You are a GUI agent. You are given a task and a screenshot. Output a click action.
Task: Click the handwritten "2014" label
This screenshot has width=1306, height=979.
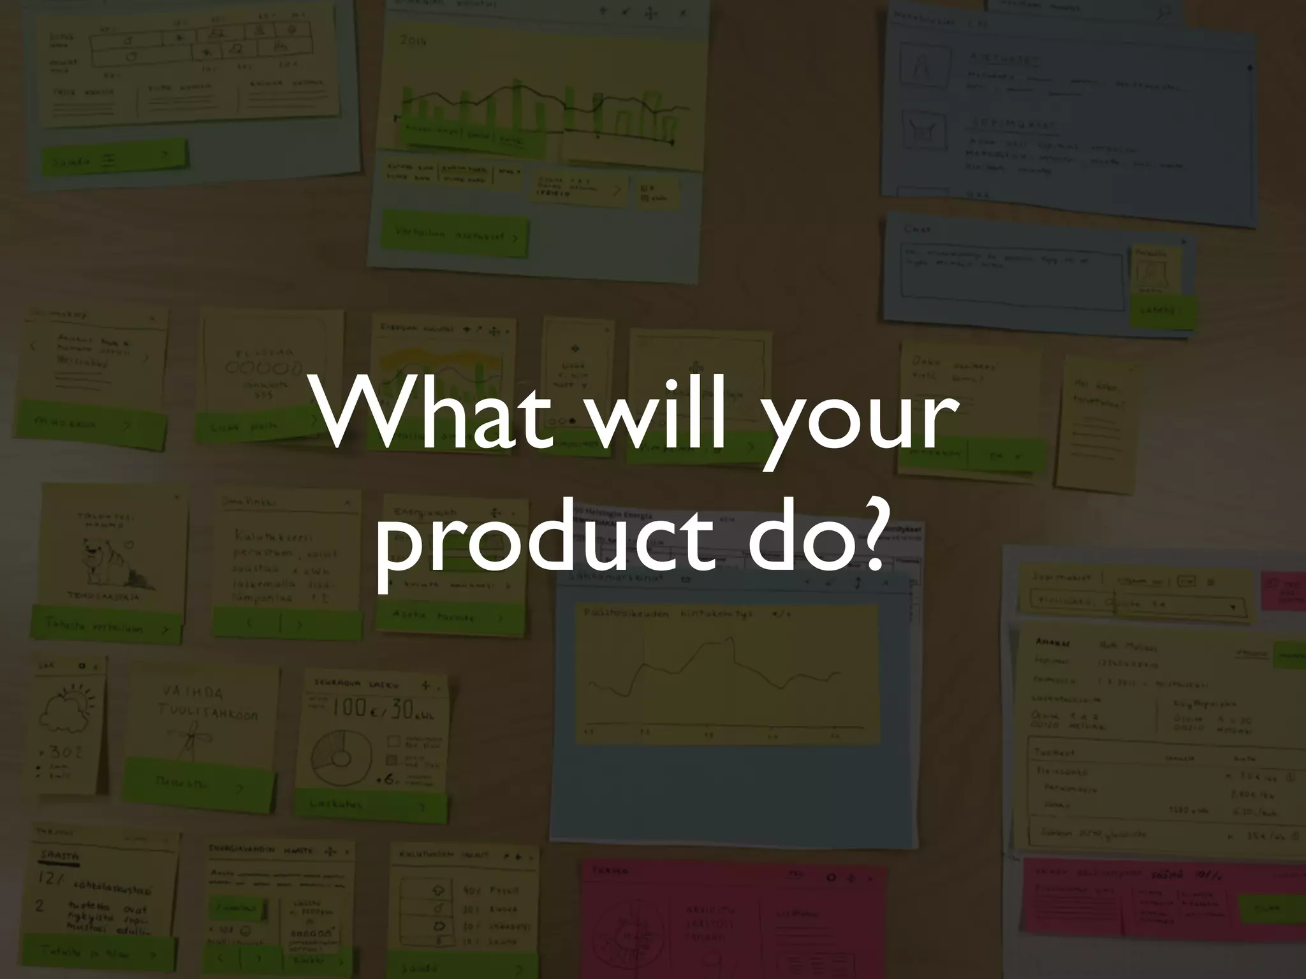pyautogui.click(x=413, y=41)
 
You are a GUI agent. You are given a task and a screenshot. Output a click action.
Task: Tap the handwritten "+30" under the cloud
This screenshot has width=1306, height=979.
pyautogui.click(x=64, y=753)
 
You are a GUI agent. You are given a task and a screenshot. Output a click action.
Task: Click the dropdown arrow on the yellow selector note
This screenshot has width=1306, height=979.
pyautogui.click(x=1231, y=607)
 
